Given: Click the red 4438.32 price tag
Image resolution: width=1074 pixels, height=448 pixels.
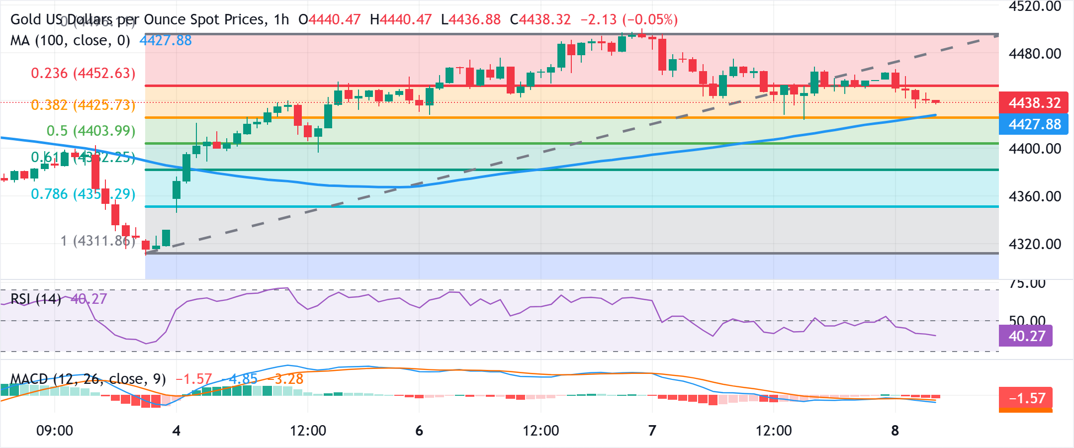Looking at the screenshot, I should tap(1034, 103).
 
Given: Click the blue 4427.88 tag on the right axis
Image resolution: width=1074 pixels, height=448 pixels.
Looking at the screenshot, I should tap(1034, 124).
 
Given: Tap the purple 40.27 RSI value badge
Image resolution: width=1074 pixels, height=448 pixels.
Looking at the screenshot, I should tap(1026, 336).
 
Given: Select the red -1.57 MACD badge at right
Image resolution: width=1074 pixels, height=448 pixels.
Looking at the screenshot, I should tap(1026, 398).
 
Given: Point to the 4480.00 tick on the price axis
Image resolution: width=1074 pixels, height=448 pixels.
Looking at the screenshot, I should tap(1034, 54).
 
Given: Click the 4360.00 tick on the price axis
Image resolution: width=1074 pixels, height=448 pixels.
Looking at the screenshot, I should tap(1034, 196).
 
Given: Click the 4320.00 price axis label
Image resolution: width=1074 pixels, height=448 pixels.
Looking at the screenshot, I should tap(1034, 244).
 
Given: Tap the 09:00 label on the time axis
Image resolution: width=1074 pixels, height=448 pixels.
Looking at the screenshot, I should tap(55, 431).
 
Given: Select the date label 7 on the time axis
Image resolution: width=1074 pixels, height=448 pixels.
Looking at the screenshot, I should tap(652, 431).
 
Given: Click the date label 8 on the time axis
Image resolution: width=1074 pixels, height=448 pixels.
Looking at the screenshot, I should tap(895, 431).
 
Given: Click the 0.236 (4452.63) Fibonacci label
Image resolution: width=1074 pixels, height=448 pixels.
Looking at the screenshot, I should tap(83, 73).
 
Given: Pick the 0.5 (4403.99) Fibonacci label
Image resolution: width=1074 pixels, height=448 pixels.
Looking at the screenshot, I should tap(90, 131).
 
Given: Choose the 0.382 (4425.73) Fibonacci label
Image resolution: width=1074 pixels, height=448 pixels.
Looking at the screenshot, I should tap(83, 105).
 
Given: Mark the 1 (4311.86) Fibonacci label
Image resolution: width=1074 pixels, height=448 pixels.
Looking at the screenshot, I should tap(97, 241).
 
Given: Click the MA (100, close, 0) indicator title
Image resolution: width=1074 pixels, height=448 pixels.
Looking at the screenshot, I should tap(70, 40).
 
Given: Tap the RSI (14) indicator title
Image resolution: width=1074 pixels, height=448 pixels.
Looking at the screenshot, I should tap(36, 299).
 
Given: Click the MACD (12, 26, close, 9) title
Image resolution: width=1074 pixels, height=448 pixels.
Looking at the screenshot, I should tap(88, 379).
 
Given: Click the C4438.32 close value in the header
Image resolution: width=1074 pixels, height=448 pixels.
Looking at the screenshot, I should tap(540, 19).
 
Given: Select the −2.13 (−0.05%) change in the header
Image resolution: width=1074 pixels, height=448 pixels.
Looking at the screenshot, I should tap(629, 19).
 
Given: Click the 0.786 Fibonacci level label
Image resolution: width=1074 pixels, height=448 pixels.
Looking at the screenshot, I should tap(83, 194).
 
